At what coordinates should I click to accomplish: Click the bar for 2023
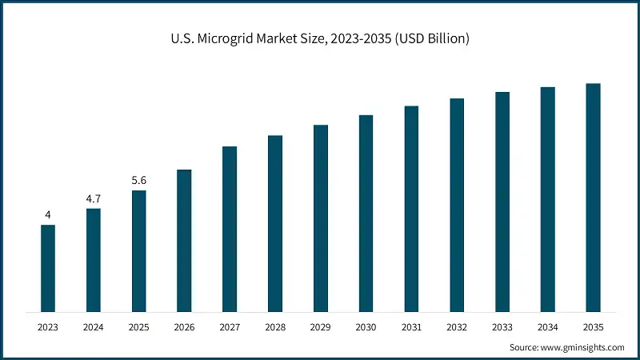pyautogui.click(x=48, y=268)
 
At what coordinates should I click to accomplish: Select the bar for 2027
pyautogui.click(x=230, y=229)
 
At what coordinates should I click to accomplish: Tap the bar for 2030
pyautogui.click(x=366, y=213)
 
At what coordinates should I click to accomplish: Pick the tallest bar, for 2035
pyautogui.click(x=593, y=198)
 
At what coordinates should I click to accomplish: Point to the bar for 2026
pyautogui.click(x=184, y=240)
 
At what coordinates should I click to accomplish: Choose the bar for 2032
pyautogui.click(x=457, y=205)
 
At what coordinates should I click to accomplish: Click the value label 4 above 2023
pyautogui.click(x=48, y=215)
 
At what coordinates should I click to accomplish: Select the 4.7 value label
pyautogui.click(x=94, y=198)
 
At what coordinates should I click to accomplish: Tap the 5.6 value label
pyautogui.click(x=139, y=180)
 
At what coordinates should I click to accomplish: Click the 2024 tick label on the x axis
pyautogui.click(x=94, y=327)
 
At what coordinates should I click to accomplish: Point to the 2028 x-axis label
pyautogui.click(x=275, y=327)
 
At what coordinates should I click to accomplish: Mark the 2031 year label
pyautogui.click(x=411, y=327)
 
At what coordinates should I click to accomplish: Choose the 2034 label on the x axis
pyautogui.click(x=547, y=327)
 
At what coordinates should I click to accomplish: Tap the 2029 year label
pyautogui.click(x=320, y=327)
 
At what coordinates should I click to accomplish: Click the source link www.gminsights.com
pyautogui.click(x=583, y=347)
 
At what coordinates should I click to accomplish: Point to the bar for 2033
pyautogui.click(x=502, y=202)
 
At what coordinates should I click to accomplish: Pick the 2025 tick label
pyautogui.click(x=139, y=327)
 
